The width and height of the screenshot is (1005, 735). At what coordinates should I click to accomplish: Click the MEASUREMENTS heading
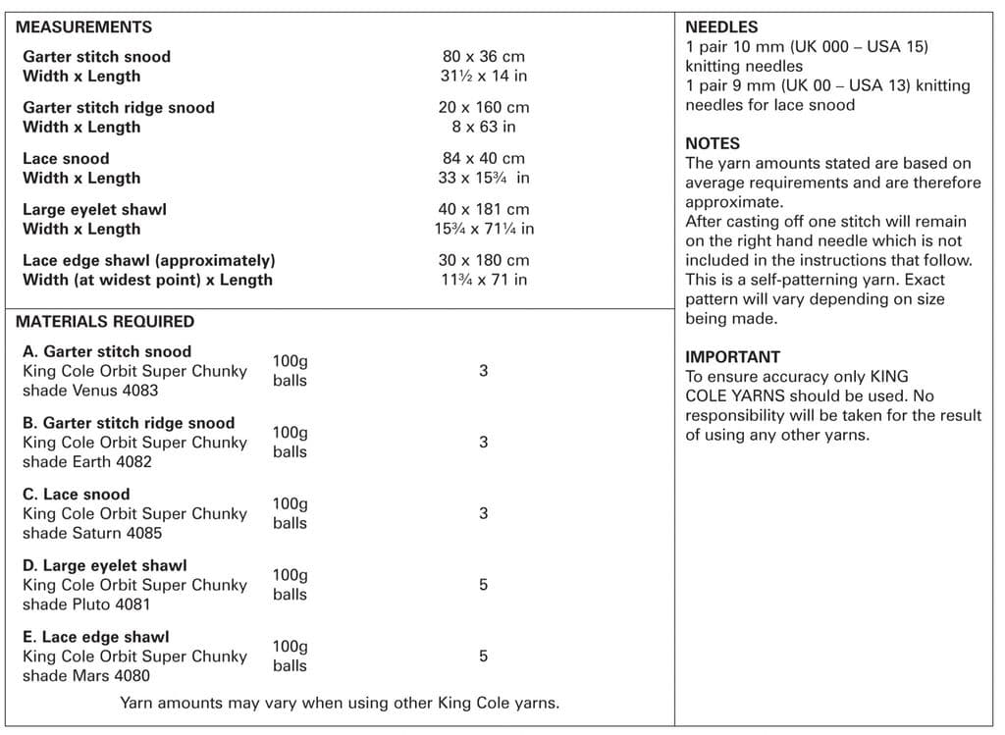[x=83, y=27]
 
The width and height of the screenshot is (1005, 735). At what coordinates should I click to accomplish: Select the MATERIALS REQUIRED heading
[x=105, y=321]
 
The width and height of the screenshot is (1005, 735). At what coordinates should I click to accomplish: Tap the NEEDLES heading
[x=721, y=27]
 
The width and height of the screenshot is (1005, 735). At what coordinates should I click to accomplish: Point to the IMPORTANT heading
[x=732, y=357]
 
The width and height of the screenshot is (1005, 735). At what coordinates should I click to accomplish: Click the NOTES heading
[x=713, y=143]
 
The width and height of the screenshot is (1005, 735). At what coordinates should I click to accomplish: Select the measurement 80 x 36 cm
[x=483, y=57]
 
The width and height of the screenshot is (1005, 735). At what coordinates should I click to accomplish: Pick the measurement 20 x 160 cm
[x=483, y=108]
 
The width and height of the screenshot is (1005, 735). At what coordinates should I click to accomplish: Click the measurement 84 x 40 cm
[x=483, y=158]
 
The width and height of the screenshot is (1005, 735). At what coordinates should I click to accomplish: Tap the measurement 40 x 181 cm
[x=483, y=209]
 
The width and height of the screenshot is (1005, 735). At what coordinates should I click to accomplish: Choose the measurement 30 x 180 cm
[x=483, y=260]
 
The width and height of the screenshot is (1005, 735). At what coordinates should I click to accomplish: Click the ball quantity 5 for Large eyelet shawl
[x=483, y=585]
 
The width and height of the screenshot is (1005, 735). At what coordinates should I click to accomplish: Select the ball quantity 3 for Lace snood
[x=483, y=513]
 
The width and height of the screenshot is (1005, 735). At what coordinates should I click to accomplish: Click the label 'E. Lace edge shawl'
[x=95, y=637]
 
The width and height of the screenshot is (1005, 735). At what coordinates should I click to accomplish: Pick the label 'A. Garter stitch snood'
[x=107, y=351]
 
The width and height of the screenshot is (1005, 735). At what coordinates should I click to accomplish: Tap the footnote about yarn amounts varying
[x=340, y=703]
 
